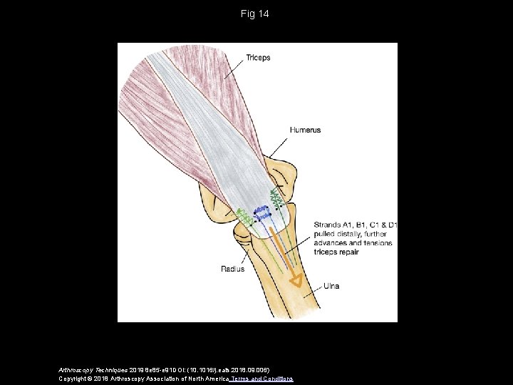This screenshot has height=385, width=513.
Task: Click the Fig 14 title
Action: [x=256, y=14]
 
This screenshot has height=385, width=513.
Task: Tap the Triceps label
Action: [x=258, y=58]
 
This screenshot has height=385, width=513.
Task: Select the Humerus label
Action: [x=305, y=130]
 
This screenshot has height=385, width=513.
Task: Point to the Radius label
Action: [x=233, y=269]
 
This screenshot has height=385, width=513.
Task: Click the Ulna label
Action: [x=331, y=286]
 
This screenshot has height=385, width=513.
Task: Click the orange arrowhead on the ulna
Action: [x=292, y=273]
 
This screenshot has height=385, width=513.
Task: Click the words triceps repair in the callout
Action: [x=336, y=252]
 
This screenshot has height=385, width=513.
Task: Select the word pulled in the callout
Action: [x=324, y=234]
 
